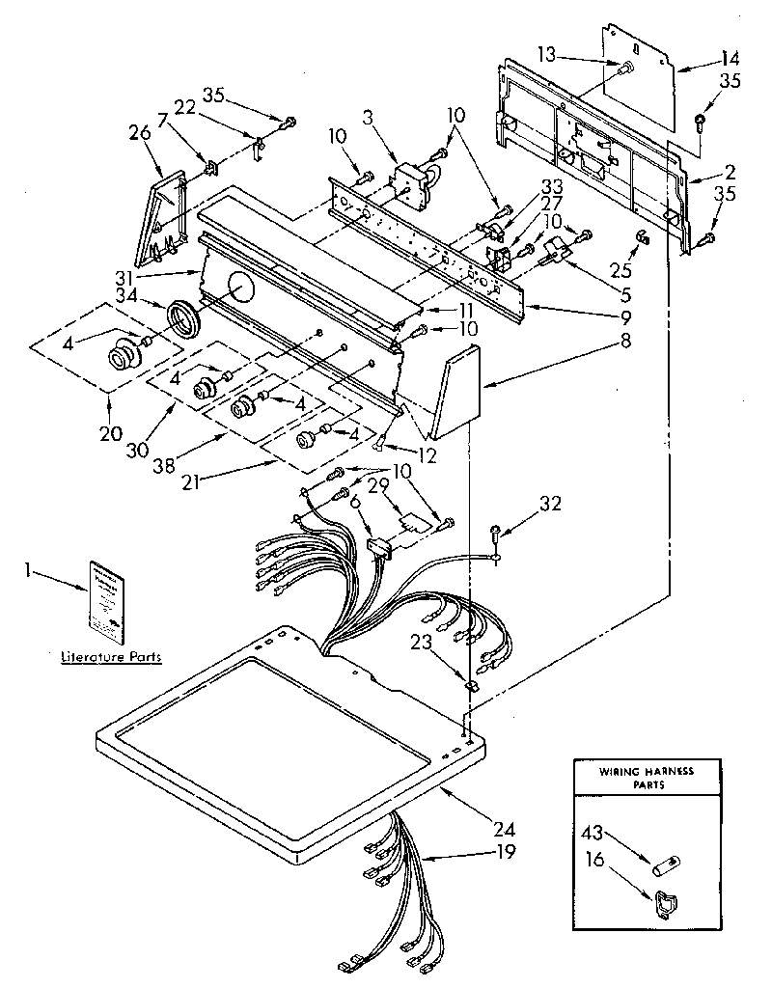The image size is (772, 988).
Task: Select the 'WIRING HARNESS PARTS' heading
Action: click(x=647, y=778)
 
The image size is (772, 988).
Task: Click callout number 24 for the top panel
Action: click(x=504, y=829)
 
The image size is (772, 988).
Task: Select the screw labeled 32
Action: click(x=496, y=529)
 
